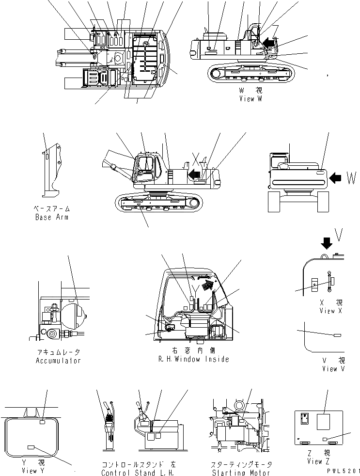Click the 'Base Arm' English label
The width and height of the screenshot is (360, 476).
[52, 217]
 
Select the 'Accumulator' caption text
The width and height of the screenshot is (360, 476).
[58, 361]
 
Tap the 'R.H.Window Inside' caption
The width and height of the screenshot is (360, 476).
[193, 359]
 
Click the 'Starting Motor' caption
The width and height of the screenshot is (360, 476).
[241, 473]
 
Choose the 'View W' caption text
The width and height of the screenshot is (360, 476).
[250, 99]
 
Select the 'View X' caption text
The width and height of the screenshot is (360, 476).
[331, 311]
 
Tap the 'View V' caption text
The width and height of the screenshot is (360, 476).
[333, 369]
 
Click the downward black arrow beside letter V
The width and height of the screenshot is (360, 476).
[327, 242]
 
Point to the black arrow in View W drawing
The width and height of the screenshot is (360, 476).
[267, 43]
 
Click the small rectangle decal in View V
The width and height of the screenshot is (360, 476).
[337, 335]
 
